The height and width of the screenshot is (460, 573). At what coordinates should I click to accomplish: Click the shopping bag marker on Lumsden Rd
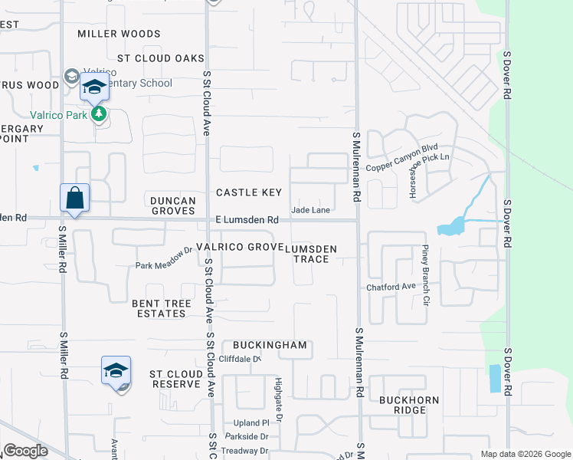[x=75, y=198]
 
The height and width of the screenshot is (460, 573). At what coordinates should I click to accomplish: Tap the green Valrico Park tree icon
[x=98, y=115]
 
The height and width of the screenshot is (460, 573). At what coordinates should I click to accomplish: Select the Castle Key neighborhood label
[x=249, y=192]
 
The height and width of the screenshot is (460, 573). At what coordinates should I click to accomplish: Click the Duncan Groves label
[x=173, y=205]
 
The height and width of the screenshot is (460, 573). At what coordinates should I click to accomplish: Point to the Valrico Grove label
[x=240, y=247]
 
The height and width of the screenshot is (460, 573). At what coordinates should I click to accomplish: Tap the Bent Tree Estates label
[x=162, y=309]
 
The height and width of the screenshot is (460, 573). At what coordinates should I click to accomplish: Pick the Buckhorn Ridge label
[x=402, y=405]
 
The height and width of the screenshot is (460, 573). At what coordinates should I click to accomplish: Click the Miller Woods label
[x=120, y=34]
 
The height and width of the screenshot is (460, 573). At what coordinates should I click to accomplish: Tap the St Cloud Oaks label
[x=161, y=58]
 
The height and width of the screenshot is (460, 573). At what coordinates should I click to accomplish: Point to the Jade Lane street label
[x=310, y=210]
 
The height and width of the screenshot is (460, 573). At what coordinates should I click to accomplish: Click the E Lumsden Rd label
[x=246, y=220]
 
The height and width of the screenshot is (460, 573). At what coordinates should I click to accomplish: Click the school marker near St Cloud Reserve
[x=116, y=371]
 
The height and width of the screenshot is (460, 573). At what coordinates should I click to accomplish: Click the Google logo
[x=26, y=451]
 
